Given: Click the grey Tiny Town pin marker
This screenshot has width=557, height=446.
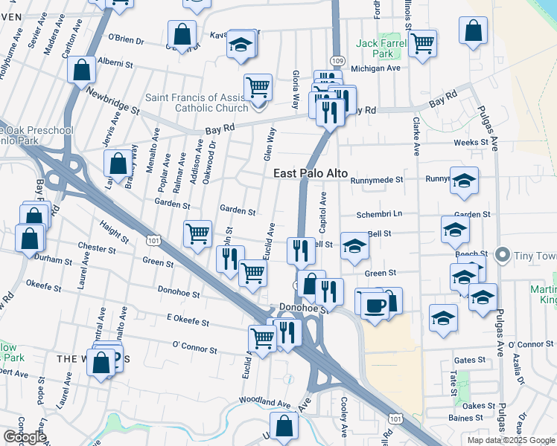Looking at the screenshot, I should (x=503, y=256).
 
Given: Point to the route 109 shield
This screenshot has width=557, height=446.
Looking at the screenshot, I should (x=336, y=60).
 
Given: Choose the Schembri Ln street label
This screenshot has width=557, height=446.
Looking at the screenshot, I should (x=379, y=213).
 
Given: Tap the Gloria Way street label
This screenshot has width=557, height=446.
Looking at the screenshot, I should (x=296, y=85).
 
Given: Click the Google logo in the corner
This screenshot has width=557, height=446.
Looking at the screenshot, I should (x=25, y=437).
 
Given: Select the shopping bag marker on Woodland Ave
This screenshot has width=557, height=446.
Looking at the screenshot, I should (x=284, y=426).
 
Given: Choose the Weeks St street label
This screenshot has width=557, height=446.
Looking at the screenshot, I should (x=471, y=142).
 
